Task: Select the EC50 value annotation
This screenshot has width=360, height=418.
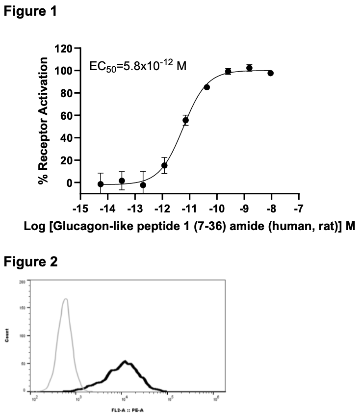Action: click(x=138, y=65)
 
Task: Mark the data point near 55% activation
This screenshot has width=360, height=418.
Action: click(x=185, y=120)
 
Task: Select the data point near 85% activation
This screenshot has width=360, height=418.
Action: click(x=207, y=87)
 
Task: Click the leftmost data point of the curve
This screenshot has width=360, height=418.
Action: click(x=101, y=184)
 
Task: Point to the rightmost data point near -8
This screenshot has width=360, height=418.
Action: click(x=270, y=73)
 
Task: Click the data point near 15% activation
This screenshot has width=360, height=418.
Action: click(x=164, y=165)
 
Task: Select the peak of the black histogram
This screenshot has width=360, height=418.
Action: click(x=126, y=362)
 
